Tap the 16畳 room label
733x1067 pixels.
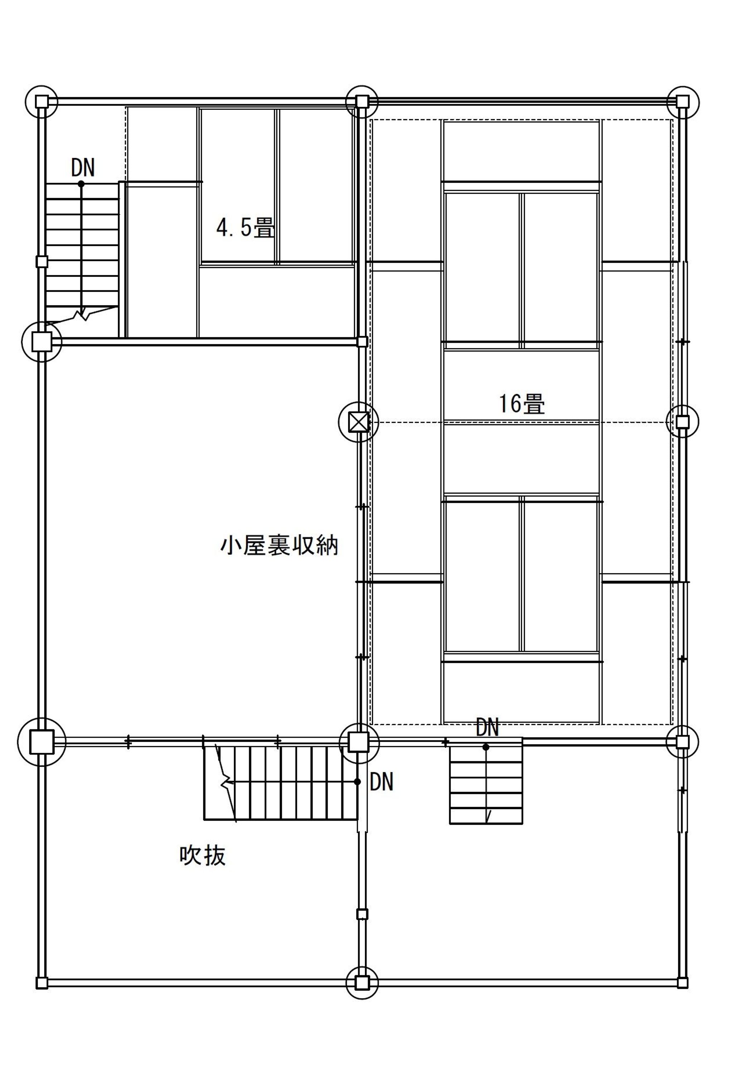click(522, 404)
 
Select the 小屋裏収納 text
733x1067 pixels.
click(279, 546)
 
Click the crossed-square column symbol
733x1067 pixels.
click(359, 422)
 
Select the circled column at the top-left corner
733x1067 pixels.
click(42, 101)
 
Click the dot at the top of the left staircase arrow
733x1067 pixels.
click(81, 184)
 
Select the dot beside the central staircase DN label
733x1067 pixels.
click(357, 781)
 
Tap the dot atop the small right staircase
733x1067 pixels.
click(486, 747)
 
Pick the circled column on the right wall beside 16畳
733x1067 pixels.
click(683, 421)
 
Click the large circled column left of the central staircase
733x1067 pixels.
click(42, 742)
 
